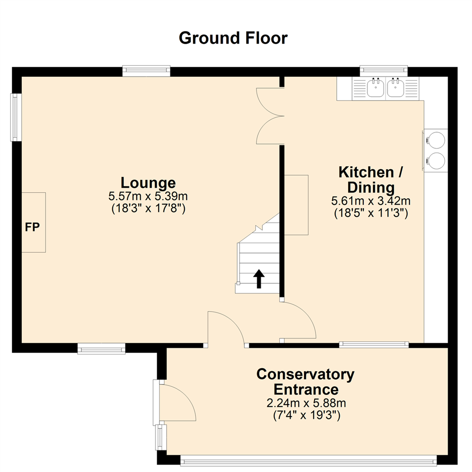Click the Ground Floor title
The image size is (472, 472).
point(233,38)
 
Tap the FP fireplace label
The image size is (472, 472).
point(32,227)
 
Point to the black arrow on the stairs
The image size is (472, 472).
point(259,279)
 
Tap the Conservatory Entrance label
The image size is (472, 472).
point(305,382)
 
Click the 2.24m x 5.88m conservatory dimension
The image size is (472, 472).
point(305,403)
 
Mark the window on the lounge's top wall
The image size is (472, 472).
point(146,71)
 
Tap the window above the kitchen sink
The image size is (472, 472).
point(383,70)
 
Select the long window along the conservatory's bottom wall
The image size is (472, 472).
point(309,460)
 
